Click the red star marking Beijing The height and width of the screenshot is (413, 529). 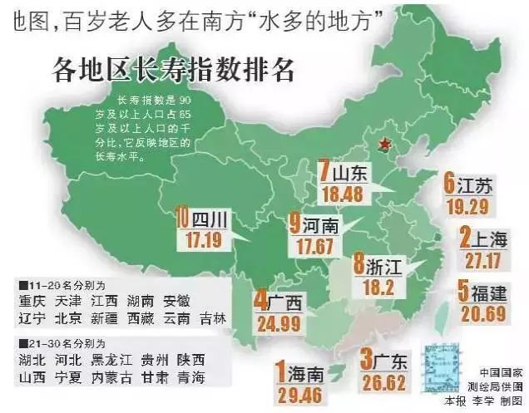click(383, 144)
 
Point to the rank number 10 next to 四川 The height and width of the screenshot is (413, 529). click(182, 219)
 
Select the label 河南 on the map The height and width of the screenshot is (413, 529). click(319, 224)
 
